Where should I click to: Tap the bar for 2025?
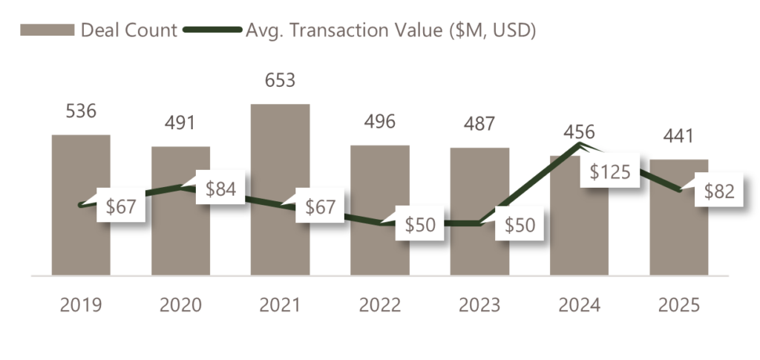[679, 238]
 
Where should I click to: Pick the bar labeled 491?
[180, 238]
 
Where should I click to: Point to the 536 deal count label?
[81, 111]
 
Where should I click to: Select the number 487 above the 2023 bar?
[479, 123]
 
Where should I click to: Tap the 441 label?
[679, 136]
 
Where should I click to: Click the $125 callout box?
[609, 172]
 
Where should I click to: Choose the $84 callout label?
[220, 189]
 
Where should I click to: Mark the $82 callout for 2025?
[719, 191]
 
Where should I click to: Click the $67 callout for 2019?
[120, 206]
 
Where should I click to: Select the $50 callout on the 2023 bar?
[520, 223]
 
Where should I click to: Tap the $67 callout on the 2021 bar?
[320, 206]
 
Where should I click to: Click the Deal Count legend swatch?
[47, 30]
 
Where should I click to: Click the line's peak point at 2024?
[578, 144]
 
